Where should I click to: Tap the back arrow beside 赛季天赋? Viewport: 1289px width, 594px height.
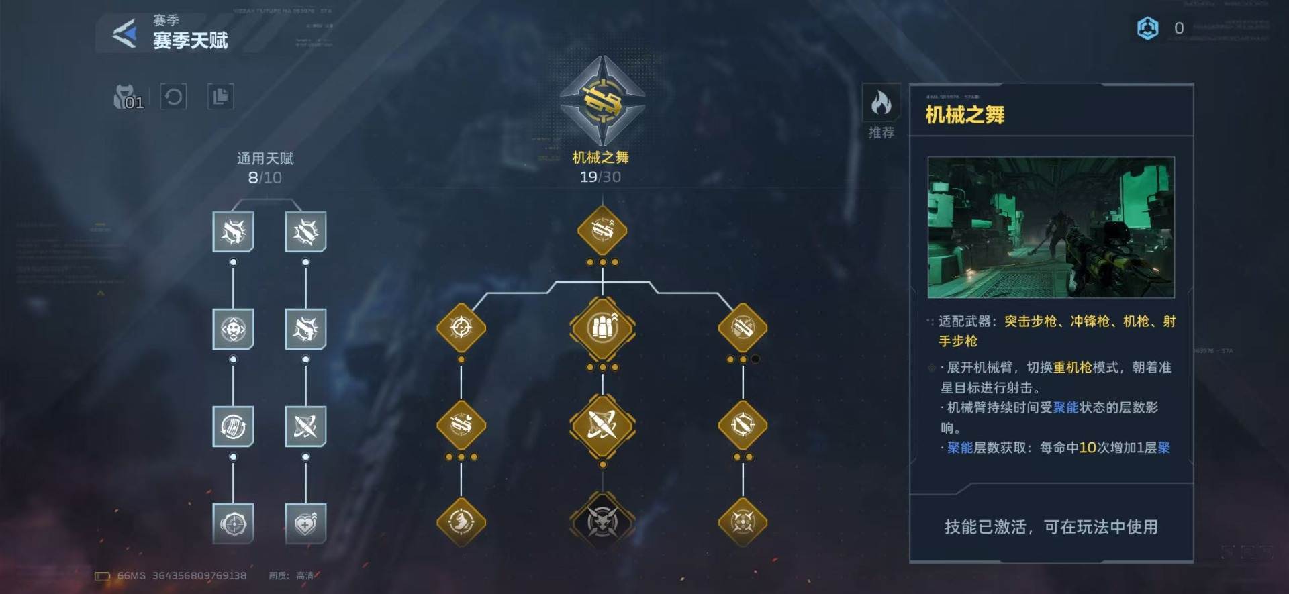(x=125, y=33)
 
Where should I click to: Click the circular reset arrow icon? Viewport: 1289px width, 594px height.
(x=173, y=97)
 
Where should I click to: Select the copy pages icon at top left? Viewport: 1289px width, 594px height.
(x=220, y=97)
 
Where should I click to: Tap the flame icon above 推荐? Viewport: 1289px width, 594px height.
(x=881, y=103)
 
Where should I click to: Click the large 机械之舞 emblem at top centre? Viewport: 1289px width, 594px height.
(x=602, y=101)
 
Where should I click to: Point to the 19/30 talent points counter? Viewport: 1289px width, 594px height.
(x=600, y=177)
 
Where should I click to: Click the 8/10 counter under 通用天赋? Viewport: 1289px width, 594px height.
(x=265, y=178)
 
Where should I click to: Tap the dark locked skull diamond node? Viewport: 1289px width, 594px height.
(x=602, y=522)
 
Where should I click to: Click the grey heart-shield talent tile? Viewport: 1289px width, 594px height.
(x=305, y=524)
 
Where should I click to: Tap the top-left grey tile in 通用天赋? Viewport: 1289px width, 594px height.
(x=233, y=232)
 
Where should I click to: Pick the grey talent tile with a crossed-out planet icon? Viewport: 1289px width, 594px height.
(x=305, y=426)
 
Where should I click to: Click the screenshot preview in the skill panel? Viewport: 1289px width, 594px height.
(x=1051, y=228)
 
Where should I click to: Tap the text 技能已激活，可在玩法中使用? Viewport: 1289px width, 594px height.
(x=1051, y=527)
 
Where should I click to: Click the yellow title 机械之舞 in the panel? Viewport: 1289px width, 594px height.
(x=965, y=115)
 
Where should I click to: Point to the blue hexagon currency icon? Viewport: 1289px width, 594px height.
(x=1147, y=28)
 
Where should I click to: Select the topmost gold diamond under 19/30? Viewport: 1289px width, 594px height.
(x=602, y=231)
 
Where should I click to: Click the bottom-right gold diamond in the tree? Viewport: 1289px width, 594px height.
(x=743, y=522)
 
